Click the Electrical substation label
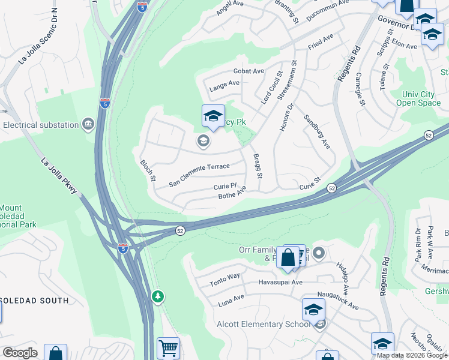click(x=41, y=125)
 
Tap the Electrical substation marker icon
click(x=88, y=125)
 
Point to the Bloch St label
click(x=148, y=170)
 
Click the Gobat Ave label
click(x=249, y=71)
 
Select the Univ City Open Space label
click(x=418, y=98)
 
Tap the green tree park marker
click(x=158, y=296)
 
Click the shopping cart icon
click(x=168, y=348)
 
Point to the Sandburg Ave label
click(x=317, y=131)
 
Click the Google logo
click(x=20, y=353)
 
